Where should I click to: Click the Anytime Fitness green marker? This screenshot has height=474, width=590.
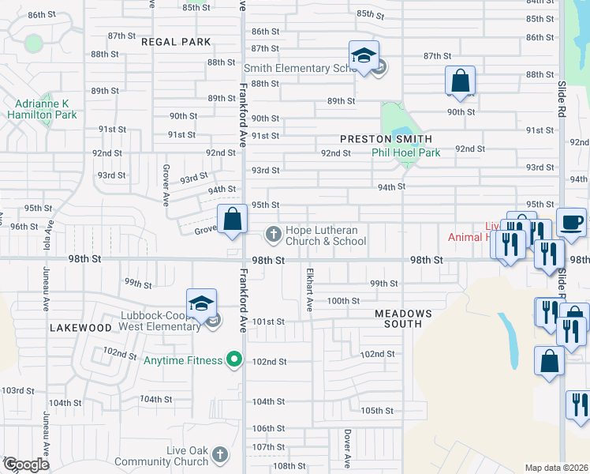(233, 360)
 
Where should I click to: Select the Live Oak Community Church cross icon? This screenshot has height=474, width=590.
(219, 455)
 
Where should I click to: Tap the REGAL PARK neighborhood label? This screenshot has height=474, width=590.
(177, 42)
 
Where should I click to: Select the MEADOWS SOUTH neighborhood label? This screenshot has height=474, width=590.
(403, 319)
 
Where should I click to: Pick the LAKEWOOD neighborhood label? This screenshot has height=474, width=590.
(80, 327)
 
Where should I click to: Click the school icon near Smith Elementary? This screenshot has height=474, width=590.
(364, 57)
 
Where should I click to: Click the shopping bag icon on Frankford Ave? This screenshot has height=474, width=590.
(233, 220)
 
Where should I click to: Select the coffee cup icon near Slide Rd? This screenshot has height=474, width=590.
(571, 222)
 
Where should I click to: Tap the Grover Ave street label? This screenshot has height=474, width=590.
(166, 182)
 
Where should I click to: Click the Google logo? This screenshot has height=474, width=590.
(25, 465)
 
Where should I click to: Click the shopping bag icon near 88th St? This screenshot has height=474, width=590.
(460, 81)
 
